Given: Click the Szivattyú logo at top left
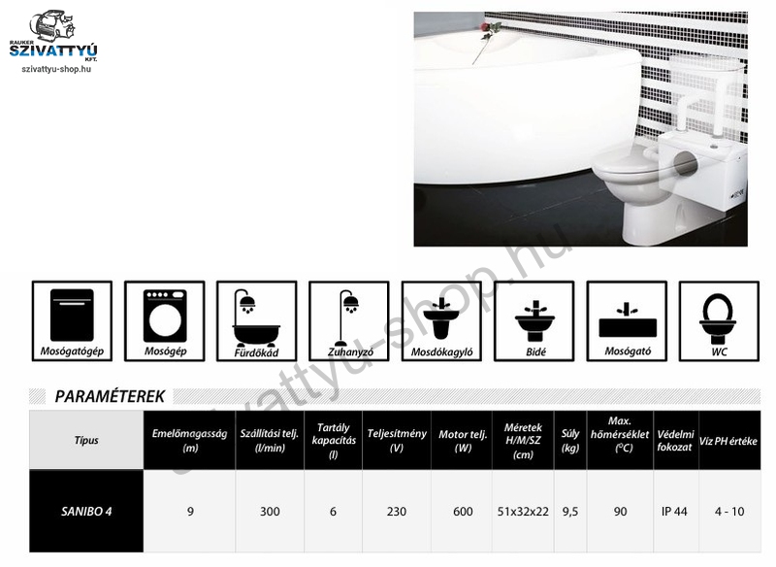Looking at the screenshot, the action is (x=53, y=36).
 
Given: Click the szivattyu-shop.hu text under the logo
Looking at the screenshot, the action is (x=56, y=69).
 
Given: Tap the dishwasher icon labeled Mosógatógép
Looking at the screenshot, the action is (x=72, y=321).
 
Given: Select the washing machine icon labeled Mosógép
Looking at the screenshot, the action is (x=165, y=321).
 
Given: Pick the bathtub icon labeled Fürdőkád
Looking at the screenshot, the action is (x=257, y=321).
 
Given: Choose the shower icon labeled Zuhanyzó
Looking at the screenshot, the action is (x=349, y=321).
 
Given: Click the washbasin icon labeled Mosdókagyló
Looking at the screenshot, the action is (x=441, y=321).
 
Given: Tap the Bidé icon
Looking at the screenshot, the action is (x=534, y=321).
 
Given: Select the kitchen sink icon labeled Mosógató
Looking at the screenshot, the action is (x=627, y=321).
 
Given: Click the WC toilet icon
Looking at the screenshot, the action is (x=719, y=321).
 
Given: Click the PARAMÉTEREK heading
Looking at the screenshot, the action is (x=110, y=397).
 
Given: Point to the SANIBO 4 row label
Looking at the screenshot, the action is (x=86, y=511).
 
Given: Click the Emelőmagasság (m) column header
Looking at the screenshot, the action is (x=189, y=440).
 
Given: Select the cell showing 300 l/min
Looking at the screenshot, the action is (x=270, y=511).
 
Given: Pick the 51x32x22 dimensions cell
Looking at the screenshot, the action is (x=523, y=511).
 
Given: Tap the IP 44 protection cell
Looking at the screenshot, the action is (x=674, y=511).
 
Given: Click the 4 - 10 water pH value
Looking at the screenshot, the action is (x=729, y=511).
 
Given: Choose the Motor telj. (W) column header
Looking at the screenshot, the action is (x=463, y=440).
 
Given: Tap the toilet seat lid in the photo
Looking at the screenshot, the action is (x=626, y=162).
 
